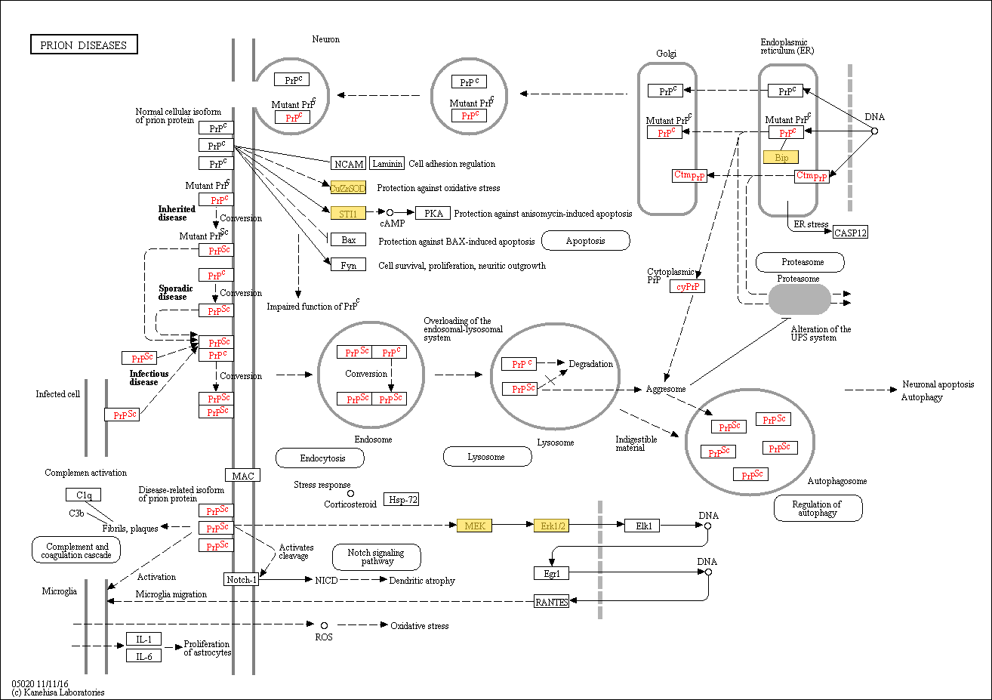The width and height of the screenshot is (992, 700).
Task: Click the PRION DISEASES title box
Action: (x=84, y=45)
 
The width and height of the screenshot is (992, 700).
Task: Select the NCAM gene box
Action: (x=349, y=164)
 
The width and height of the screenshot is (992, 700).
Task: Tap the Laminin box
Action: (x=387, y=164)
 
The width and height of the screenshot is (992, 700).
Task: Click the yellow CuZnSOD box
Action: (x=348, y=188)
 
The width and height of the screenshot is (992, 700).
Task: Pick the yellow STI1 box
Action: (x=348, y=214)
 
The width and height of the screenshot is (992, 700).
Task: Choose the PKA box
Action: (x=433, y=214)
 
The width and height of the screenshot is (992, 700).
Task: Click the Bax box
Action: (x=348, y=240)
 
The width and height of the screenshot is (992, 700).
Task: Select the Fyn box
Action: (x=348, y=266)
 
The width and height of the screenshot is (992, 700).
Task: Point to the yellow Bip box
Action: (x=781, y=158)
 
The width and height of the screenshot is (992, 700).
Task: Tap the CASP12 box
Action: (x=850, y=233)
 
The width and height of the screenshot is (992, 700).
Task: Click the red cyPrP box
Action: (x=687, y=287)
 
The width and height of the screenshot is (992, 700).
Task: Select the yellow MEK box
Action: (x=474, y=526)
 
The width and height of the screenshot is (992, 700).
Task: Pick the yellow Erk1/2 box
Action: (x=551, y=526)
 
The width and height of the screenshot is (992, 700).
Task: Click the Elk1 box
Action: (x=643, y=526)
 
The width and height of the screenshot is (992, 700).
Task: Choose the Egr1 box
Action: (x=551, y=574)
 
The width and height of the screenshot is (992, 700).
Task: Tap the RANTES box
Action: (x=551, y=602)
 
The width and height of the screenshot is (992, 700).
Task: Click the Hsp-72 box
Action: (x=401, y=499)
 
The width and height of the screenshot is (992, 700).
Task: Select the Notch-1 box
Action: (x=242, y=580)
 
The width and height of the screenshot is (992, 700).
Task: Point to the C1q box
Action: (x=83, y=495)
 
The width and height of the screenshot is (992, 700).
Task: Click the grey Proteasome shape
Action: (x=799, y=300)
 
